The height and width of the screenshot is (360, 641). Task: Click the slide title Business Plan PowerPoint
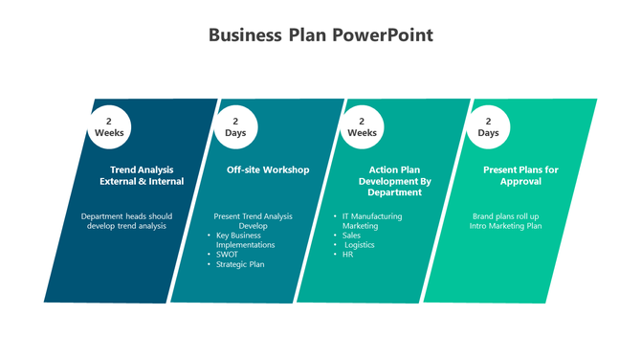coord(320,36)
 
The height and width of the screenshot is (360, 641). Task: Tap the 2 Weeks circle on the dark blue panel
coord(109,126)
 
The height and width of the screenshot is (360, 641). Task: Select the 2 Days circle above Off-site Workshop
coord(235,126)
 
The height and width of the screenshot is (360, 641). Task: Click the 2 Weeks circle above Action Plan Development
coord(362,126)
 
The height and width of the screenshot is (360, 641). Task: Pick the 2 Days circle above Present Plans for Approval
coord(489,126)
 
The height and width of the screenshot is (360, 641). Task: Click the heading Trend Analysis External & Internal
coord(142,175)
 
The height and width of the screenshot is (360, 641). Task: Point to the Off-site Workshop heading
coord(268,170)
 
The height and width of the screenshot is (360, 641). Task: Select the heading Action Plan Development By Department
coord(395,181)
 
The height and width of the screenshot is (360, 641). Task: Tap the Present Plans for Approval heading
coord(520,175)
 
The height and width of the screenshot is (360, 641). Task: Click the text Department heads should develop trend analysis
coord(127,221)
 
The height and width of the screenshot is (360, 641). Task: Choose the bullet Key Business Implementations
coord(245,240)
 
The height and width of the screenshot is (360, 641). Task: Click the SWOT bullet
coord(228,255)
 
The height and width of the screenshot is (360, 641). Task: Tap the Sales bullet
coord(351,236)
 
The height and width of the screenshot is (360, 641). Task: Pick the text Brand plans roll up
coord(506,216)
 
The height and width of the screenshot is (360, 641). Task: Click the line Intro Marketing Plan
coord(506,226)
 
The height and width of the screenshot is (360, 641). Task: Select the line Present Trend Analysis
coord(253,216)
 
